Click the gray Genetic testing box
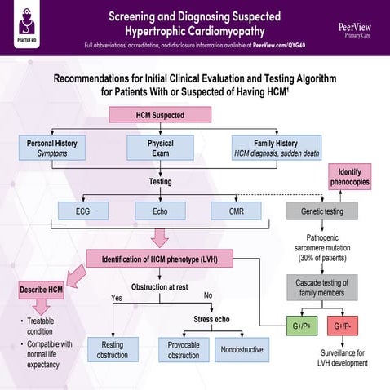pos(321,211)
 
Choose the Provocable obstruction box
pos(184,348)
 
